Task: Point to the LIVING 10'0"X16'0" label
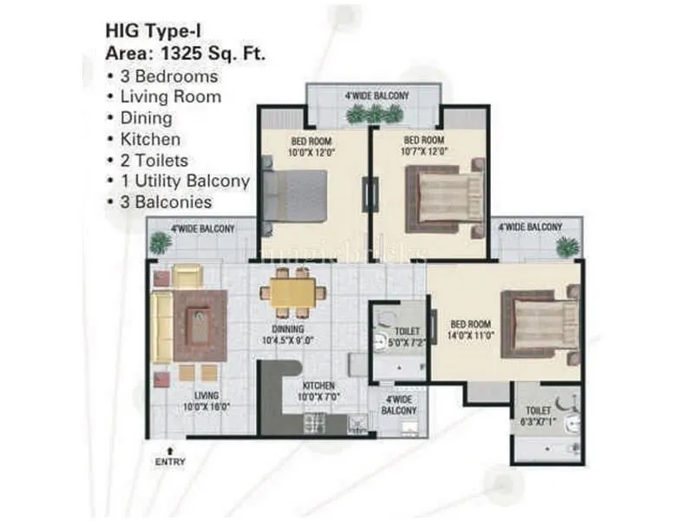pos(206,400)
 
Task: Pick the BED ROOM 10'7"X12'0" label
pos(424,144)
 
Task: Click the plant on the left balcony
pos(160,244)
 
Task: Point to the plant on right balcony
pos(566,247)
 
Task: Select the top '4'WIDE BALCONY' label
pos(376,96)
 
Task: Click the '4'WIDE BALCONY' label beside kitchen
pos(399,404)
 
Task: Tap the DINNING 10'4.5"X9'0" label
pos(287,335)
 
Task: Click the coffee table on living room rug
pos(198,326)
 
